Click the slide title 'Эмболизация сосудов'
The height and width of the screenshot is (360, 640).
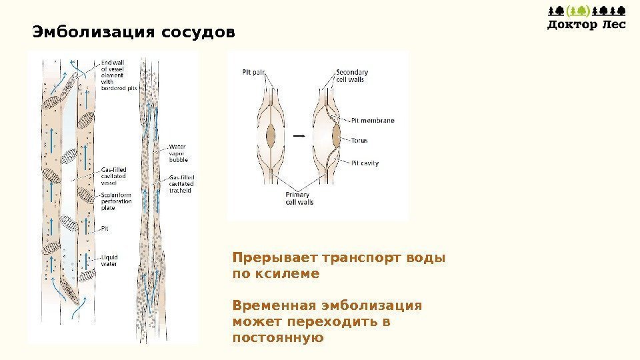coord(134,31)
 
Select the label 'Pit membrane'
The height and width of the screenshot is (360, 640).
coord(372,121)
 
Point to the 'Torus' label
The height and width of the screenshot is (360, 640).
coord(359,141)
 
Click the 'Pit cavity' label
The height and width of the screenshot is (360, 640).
coord(365,163)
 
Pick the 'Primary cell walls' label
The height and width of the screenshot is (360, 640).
coord(299,198)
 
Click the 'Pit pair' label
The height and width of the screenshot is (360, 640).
coord(254,73)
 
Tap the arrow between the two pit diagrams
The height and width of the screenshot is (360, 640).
coord(299,135)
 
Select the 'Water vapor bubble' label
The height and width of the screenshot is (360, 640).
coord(178,153)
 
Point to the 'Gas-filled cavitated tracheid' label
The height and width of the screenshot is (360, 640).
coord(181,184)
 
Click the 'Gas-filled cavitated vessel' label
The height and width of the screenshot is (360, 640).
coord(113,175)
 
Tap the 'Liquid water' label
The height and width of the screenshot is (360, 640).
coord(109,260)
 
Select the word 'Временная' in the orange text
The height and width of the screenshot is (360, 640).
coord(273,305)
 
